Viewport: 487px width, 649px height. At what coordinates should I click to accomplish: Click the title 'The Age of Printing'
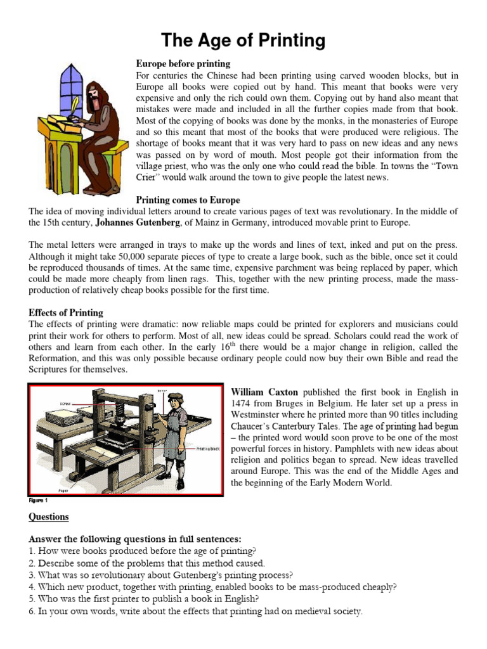[243, 41]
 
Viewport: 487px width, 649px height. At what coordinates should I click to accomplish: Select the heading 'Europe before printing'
[183, 64]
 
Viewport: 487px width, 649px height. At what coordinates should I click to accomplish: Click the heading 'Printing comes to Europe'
[188, 200]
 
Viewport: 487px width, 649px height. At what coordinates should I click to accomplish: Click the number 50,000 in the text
[143, 256]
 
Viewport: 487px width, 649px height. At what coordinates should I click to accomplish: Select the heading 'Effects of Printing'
[66, 313]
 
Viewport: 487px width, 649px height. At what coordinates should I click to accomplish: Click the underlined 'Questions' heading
[49, 517]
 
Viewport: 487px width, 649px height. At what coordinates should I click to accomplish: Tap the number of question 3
[32, 575]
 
